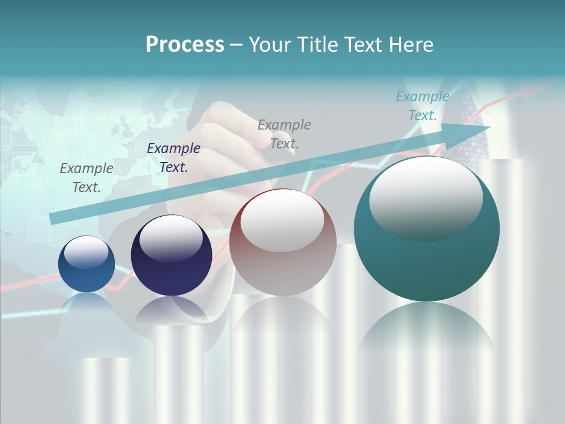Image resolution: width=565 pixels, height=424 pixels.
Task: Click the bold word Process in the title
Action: [x=185, y=45]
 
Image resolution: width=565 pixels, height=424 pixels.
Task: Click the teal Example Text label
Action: [x=423, y=106]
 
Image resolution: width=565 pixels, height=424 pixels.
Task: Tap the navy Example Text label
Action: [x=174, y=158]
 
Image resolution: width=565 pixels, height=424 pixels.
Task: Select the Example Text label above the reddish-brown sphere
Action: [x=284, y=134]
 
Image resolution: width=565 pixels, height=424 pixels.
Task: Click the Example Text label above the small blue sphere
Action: [x=87, y=177]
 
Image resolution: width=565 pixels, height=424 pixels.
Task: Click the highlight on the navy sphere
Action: [x=171, y=238]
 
